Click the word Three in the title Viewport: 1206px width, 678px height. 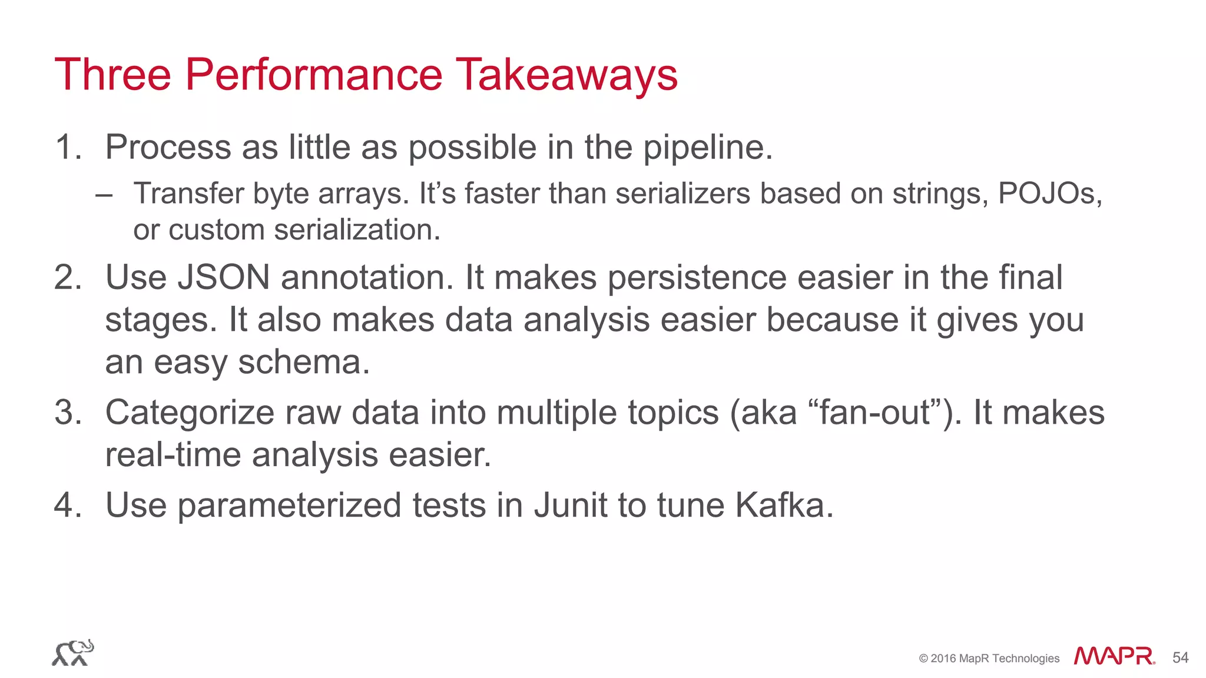click(112, 75)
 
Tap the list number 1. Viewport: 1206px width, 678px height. click(67, 147)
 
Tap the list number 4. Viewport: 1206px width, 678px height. click(67, 505)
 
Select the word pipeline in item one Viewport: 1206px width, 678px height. click(706, 147)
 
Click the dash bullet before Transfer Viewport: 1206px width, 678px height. click(104, 194)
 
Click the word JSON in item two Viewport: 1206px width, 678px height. click(223, 277)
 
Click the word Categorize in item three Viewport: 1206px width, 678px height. click(190, 412)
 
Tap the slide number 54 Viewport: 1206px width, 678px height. click(1180, 657)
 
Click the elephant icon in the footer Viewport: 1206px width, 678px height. click(73, 653)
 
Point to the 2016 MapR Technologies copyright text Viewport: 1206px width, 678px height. click(989, 659)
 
